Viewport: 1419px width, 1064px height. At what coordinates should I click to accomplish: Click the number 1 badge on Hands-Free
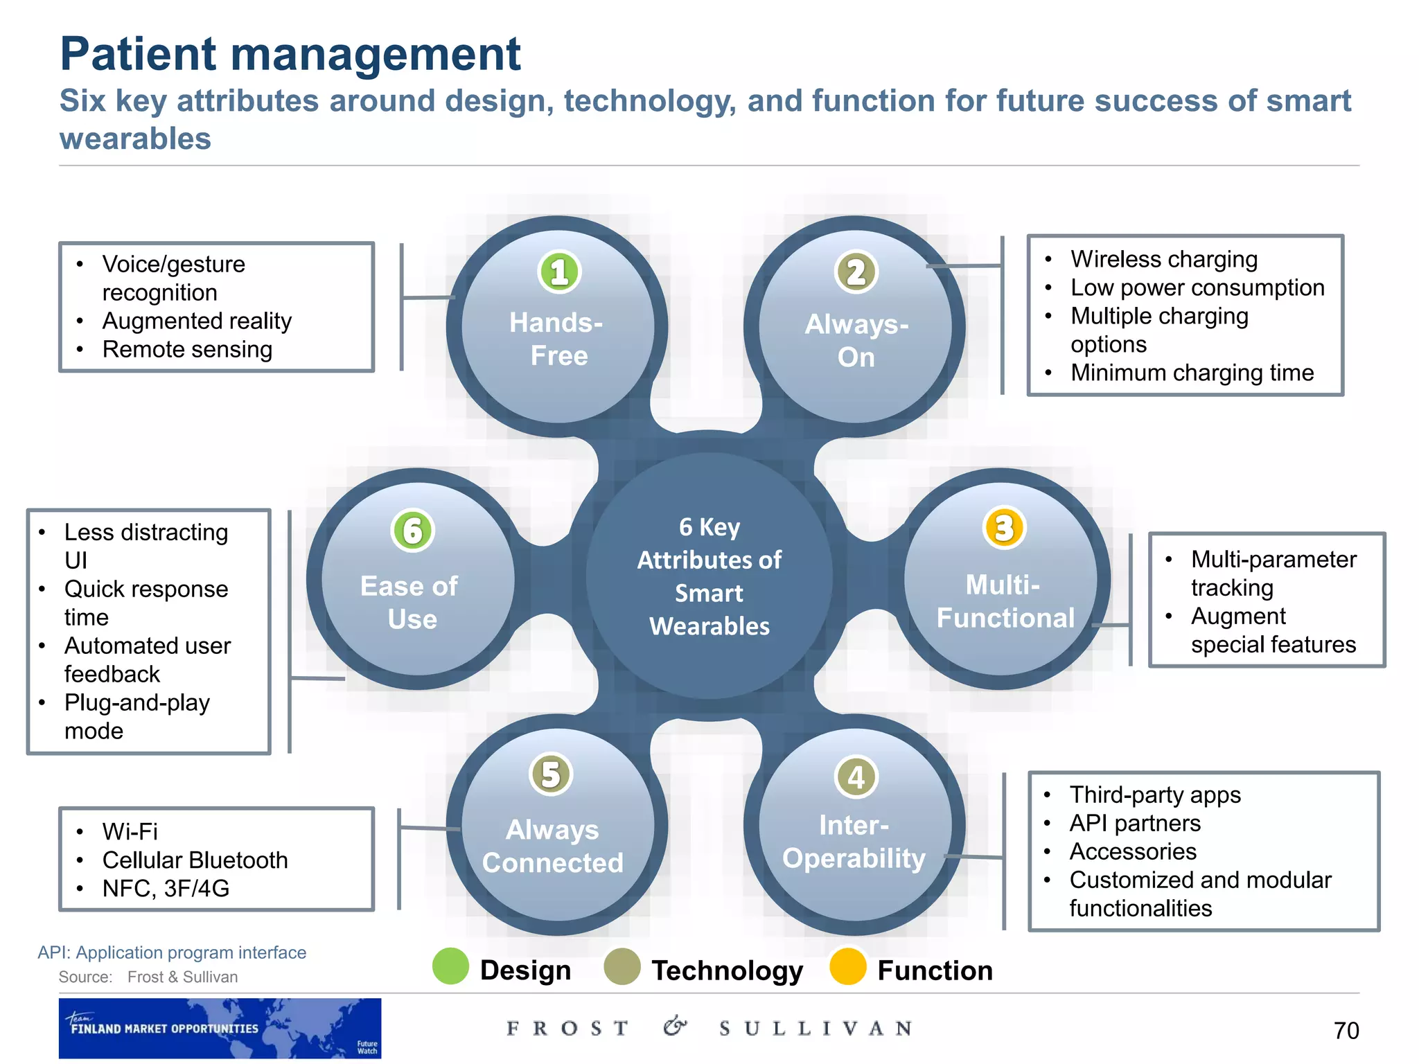[559, 272]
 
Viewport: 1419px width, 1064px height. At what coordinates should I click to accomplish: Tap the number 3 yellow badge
[1004, 528]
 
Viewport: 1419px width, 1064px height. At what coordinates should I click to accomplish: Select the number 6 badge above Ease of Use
[412, 531]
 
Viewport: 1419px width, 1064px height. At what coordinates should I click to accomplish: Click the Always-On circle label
[856, 341]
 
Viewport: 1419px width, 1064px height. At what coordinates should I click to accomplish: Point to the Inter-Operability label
[854, 842]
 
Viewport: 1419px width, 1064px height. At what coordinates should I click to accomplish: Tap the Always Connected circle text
[552, 846]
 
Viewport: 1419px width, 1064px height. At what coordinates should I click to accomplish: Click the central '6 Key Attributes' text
[709, 576]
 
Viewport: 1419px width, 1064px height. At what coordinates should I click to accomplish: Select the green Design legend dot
[451, 966]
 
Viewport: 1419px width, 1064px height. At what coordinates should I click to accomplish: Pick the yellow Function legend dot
[848, 966]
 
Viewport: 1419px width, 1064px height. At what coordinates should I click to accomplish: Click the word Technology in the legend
[727, 970]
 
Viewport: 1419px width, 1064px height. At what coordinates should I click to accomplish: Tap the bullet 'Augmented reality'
[197, 321]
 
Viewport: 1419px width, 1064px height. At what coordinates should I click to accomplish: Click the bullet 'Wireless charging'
[1164, 259]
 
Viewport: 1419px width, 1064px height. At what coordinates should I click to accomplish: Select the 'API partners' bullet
[1135, 823]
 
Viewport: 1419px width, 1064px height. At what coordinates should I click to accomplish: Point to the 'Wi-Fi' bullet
[130, 831]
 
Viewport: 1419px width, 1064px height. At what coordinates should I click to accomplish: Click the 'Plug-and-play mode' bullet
[136, 716]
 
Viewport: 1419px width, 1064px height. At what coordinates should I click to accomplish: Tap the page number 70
[1346, 1031]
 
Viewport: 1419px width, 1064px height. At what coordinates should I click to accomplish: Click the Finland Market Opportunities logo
[220, 1028]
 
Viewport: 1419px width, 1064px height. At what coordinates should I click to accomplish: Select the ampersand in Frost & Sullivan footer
[674, 1027]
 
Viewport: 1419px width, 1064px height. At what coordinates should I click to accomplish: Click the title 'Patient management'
[290, 54]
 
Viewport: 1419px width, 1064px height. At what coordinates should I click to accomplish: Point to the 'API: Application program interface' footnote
[172, 952]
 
